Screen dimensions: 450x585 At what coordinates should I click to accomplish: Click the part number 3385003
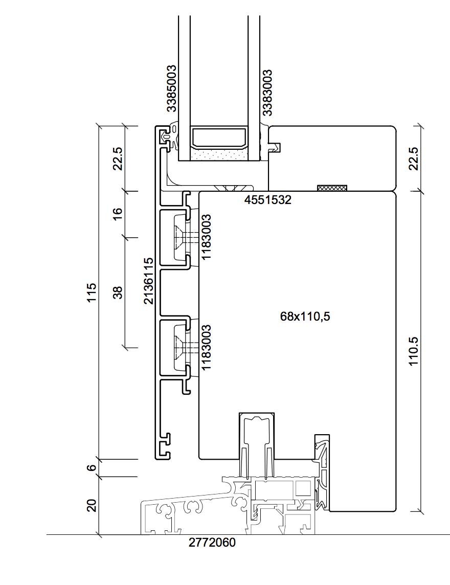click(x=171, y=88)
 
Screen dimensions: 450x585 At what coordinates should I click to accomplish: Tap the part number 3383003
click(x=267, y=93)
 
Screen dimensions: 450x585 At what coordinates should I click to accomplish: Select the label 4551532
click(x=267, y=200)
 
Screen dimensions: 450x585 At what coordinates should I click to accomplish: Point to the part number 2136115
click(x=149, y=281)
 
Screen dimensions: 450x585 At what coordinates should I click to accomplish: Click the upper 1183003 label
click(x=207, y=237)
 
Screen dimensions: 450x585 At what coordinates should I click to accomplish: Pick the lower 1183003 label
click(x=207, y=347)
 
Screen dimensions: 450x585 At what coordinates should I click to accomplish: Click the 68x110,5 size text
click(x=305, y=317)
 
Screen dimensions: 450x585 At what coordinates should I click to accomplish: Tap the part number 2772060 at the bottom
click(x=212, y=542)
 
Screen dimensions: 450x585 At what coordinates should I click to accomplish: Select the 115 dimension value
click(x=92, y=292)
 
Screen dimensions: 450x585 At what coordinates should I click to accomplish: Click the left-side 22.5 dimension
click(x=118, y=159)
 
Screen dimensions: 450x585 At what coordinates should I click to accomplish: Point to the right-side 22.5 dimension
click(x=413, y=159)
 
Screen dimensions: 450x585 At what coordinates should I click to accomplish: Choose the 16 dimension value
click(x=118, y=214)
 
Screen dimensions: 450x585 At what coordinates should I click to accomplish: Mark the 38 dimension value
click(x=118, y=292)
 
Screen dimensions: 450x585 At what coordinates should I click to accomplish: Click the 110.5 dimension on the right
click(x=413, y=351)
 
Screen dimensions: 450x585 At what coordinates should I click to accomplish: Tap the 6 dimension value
click(x=92, y=467)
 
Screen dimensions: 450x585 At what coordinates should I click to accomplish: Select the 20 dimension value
click(x=92, y=505)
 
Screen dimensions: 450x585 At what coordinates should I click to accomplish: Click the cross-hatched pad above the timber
click(x=332, y=188)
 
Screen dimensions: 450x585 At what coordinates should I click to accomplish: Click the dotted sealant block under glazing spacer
click(x=219, y=154)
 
